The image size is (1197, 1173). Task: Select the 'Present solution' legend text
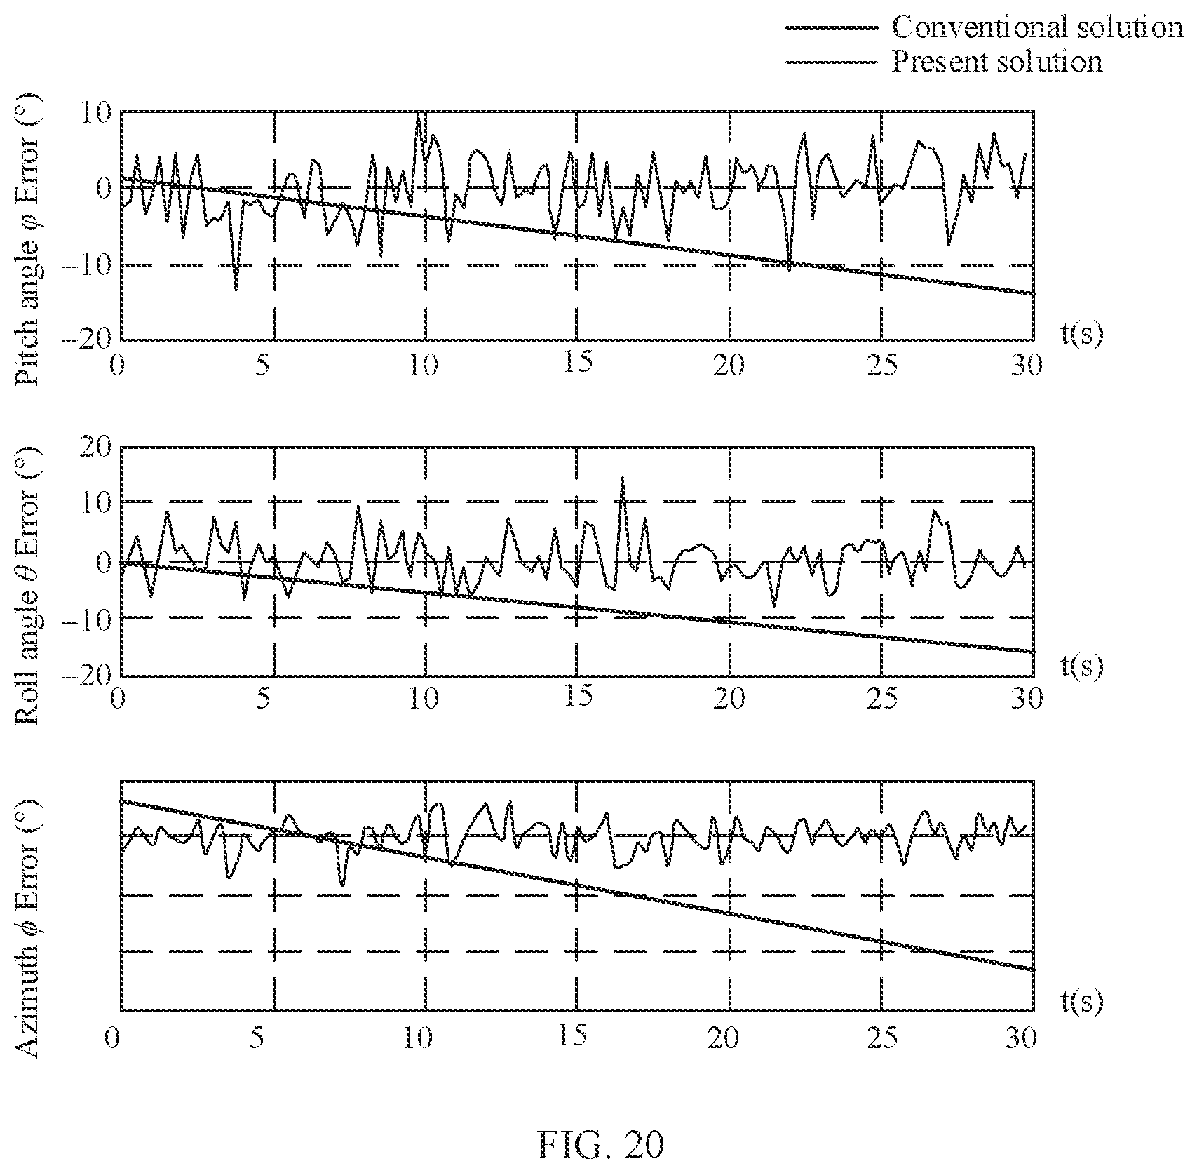[x=996, y=62]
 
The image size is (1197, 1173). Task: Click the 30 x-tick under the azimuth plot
[x=1024, y=1038]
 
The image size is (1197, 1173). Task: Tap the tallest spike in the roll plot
[x=622, y=478]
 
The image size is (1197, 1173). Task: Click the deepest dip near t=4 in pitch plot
[x=236, y=289]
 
